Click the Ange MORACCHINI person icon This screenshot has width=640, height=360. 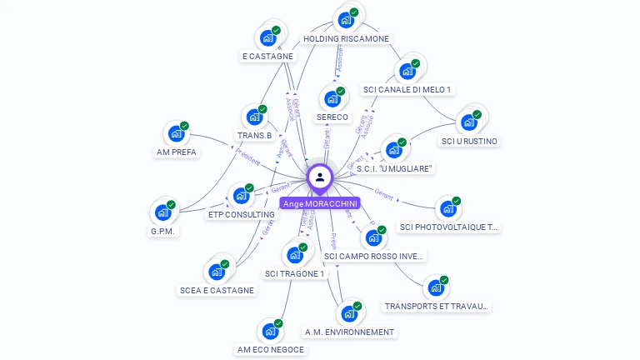(x=320, y=177)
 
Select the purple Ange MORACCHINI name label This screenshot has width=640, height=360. (x=320, y=203)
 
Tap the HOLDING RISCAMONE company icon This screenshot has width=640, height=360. (x=345, y=20)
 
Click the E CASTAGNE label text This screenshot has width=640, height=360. (x=267, y=57)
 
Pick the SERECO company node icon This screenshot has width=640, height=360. (x=332, y=99)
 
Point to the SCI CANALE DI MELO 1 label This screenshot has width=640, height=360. (x=407, y=89)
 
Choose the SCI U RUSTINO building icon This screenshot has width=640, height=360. (x=469, y=122)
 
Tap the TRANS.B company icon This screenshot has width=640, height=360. (x=253, y=117)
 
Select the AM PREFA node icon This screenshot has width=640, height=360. (x=176, y=134)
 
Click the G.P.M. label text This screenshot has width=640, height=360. (x=164, y=231)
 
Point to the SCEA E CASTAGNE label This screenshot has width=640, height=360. (x=217, y=290)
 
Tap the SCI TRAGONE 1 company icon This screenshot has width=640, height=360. (x=294, y=255)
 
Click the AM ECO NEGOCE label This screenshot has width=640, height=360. (x=271, y=349)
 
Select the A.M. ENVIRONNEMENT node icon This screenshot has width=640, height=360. (x=348, y=314)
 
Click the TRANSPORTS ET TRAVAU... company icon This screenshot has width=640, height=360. (x=435, y=288)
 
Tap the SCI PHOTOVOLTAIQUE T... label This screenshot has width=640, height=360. (x=448, y=227)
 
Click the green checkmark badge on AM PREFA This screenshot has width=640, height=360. (x=184, y=127)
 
